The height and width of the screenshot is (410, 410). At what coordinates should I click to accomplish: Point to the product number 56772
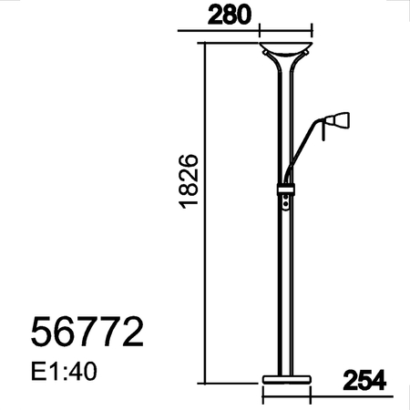[x=87, y=332]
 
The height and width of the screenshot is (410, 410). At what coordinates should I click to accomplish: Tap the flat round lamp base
[x=286, y=377]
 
